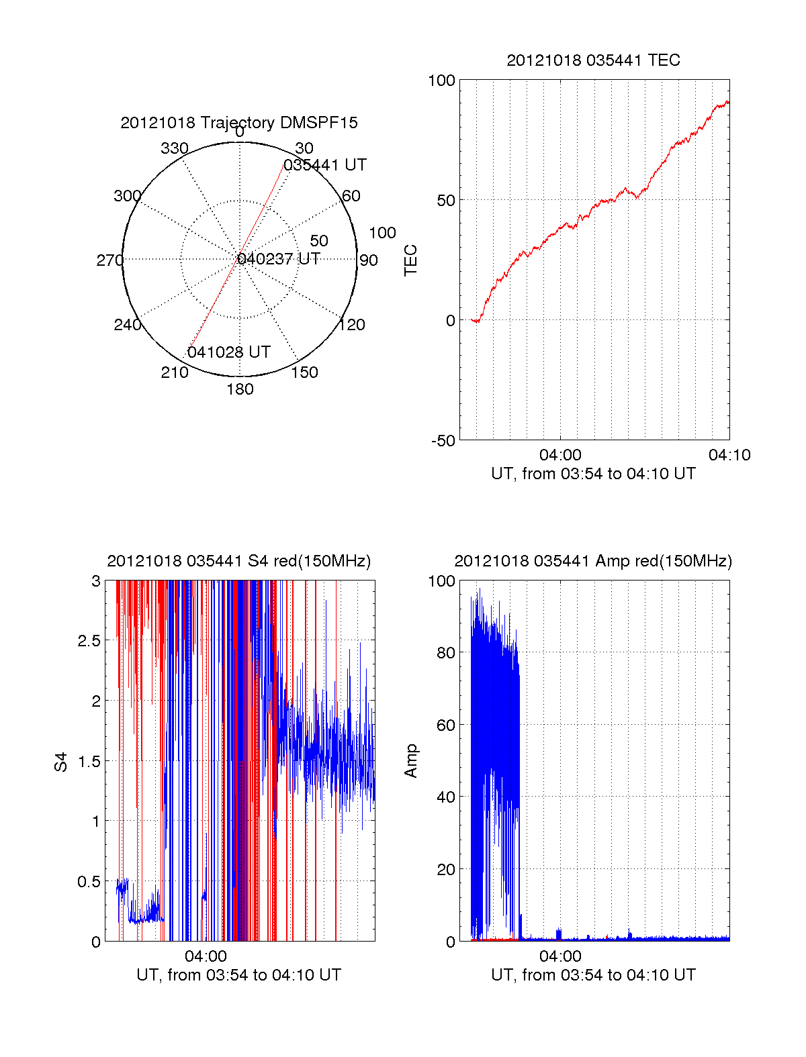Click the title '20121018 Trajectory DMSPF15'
click(x=239, y=123)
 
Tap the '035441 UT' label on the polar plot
click(x=325, y=165)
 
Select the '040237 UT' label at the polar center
click(x=279, y=259)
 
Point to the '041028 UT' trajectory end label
click(x=229, y=352)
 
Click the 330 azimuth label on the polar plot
click(x=175, y=148)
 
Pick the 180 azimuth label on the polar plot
click(x=240, y=389)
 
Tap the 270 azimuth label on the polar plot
click(x=110, y=260)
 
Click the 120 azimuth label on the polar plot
click(x=352, y=325)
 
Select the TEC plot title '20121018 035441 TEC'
click(x=593, y=60)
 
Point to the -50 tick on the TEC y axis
click(x=443, y=441)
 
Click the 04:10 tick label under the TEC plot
click(x=729, y=455)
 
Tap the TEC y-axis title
click(x=410, y=260)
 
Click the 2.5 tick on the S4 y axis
click(x=89, y=641)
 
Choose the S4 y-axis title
click(x=61, y=762)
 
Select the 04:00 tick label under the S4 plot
click(x=206, y=956)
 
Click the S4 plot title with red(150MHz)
click(x=239, y=561)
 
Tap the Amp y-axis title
click(x=410, y=761)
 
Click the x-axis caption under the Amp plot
click(x=593, y=975)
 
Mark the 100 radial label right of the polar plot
click(x=382, y=233)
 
